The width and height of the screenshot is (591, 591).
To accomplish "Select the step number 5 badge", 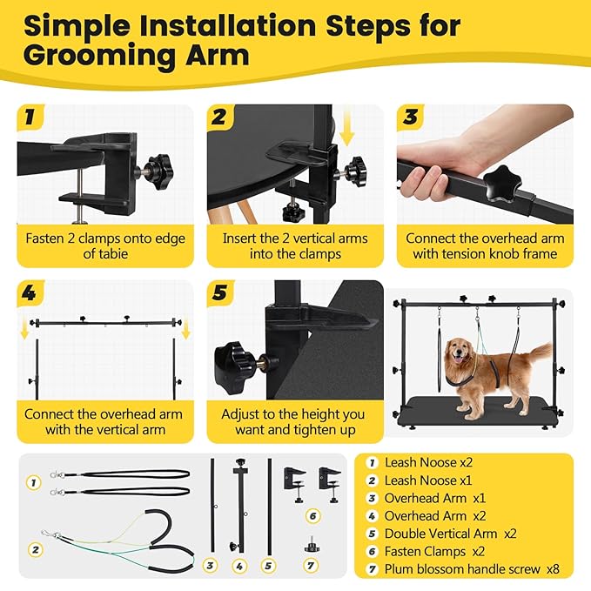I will pos(220,293).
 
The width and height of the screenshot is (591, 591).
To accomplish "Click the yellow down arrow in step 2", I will pos(347,131).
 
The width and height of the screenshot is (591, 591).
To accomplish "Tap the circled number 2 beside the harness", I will pos(34,549).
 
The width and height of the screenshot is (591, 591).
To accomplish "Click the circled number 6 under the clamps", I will pos(314,516).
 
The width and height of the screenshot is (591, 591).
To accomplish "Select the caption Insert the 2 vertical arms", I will pos(295,238).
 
